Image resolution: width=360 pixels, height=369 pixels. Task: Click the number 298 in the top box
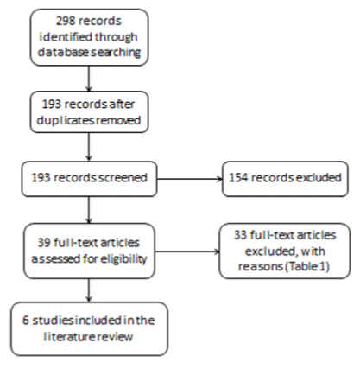pos(65,21)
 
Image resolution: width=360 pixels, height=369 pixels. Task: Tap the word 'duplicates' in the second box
pos(65,120)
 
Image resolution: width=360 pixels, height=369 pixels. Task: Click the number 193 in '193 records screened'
pos(41,177)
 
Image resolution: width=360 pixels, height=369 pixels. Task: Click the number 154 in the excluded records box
pos(238,177)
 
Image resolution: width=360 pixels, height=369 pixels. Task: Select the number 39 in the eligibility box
pos(44,243)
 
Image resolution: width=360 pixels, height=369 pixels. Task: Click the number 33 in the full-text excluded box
pos(240,235)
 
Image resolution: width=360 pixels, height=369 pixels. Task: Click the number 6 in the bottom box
pos(26,321)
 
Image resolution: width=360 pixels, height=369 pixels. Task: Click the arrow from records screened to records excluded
pos(190,179)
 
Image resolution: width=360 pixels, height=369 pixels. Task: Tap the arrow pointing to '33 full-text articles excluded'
pos(187,252)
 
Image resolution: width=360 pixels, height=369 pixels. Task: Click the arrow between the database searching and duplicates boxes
pos(89,79)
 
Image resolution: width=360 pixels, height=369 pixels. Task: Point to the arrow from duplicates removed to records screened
pos(89,147)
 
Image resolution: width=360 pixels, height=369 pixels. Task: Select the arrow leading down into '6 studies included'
pos(89,290)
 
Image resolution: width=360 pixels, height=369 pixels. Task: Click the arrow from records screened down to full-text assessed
pos(89,210)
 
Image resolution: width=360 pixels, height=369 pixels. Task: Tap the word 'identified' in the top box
pos(66,36)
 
